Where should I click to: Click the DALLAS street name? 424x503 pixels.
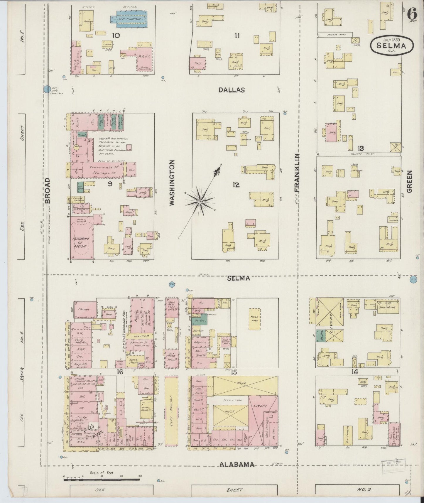pos(232,90)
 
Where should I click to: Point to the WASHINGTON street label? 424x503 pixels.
pos(172,182)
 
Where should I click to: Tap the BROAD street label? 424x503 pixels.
pos(48,190)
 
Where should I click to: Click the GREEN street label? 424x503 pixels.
pos(409,182)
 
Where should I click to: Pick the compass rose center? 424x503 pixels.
pos(200,202)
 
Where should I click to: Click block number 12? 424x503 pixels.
pos(236,185)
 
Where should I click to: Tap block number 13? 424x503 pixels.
pos(361,148)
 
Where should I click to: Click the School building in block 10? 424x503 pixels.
pos(144,56)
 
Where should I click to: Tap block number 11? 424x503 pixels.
pos(237,36)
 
